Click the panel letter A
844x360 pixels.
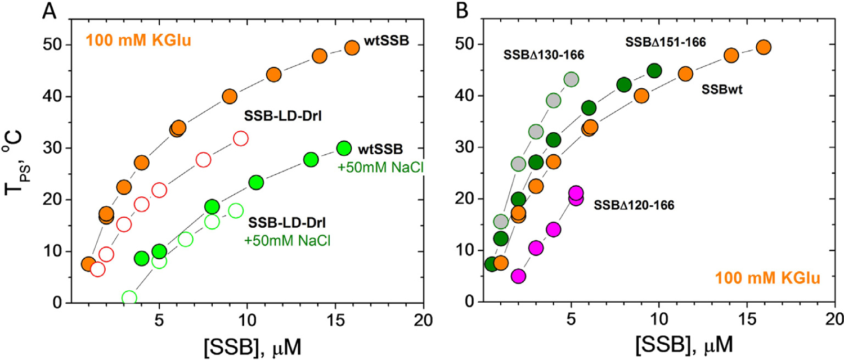50,11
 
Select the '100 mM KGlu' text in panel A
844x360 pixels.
132,42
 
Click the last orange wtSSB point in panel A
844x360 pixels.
352,48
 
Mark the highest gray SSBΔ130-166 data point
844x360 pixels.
571,79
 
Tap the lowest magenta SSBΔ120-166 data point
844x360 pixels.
518,276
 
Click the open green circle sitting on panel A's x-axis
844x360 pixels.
129,298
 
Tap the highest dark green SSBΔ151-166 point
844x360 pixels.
654,70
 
